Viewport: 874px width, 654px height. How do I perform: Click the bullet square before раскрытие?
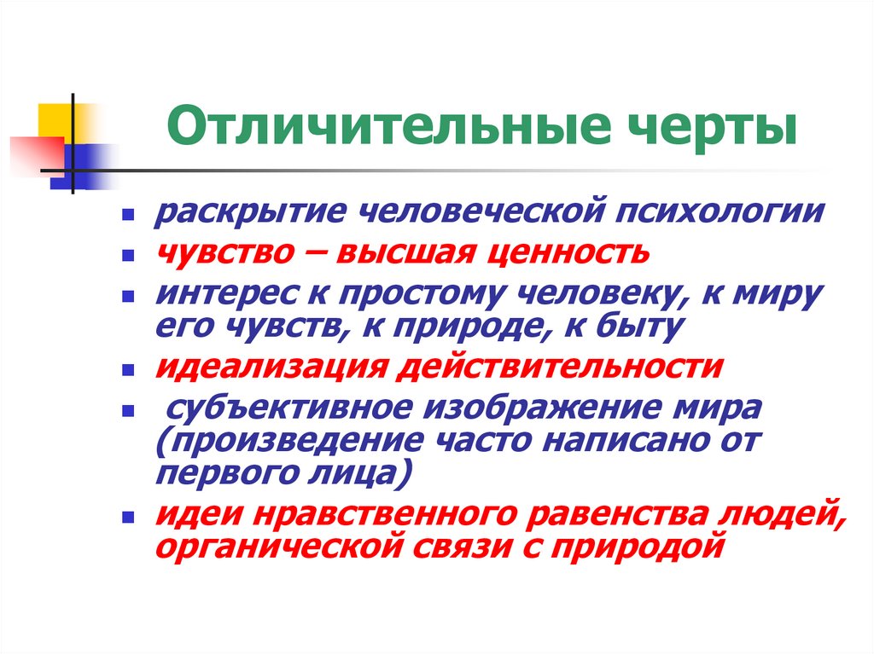(x=127, y=215)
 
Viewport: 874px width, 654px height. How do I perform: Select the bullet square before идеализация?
(x=127, y=371)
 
